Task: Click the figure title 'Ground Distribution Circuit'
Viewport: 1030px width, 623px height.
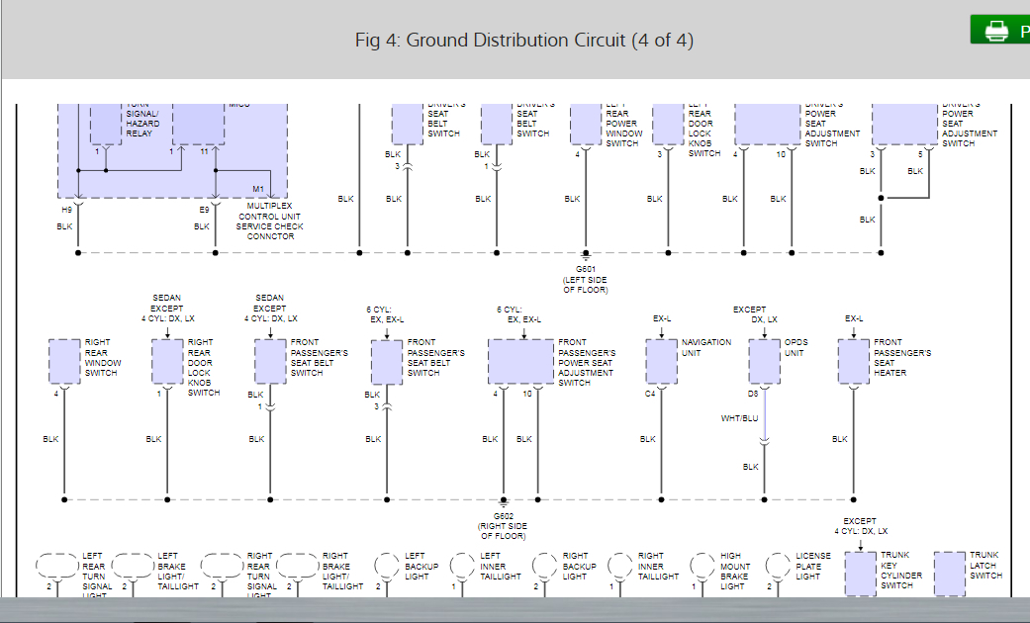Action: (523, 40)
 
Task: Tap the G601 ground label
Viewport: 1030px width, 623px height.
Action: (585, 268)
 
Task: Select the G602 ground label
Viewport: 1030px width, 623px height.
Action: (503, 515)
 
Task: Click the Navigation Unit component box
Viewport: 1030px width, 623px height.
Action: (661, 361)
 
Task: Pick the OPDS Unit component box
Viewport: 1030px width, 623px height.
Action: (764, 361)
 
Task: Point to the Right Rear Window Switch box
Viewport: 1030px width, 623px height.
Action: (64, 361)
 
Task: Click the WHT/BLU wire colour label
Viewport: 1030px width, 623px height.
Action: (739, 418)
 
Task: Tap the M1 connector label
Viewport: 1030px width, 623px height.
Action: (257, 189)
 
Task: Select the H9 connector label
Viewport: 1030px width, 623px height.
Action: (66, 210)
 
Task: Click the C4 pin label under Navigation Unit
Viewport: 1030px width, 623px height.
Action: (650, 394)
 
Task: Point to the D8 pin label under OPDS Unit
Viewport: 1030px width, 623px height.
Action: (753, 394)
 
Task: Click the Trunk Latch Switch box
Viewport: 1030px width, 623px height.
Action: (950, 573)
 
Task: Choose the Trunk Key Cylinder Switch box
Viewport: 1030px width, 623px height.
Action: (861, 573)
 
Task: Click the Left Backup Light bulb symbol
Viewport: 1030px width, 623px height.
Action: (387, 565)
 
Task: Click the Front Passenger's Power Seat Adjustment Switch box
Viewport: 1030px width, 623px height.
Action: (520, 361)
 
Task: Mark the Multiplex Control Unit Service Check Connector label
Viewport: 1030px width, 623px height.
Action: (269, 222)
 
